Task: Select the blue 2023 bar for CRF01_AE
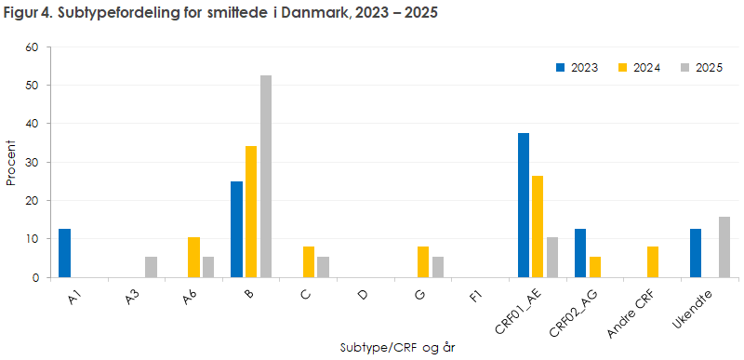[524, 206]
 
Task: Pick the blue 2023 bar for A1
[64, 253]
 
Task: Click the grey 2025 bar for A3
[151, 267]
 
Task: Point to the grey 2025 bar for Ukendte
[724, 247]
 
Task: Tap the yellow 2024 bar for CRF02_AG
[595, 267]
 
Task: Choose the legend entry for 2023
[577, 68]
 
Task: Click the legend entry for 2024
[639, 68]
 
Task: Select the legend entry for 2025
[701, 68]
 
